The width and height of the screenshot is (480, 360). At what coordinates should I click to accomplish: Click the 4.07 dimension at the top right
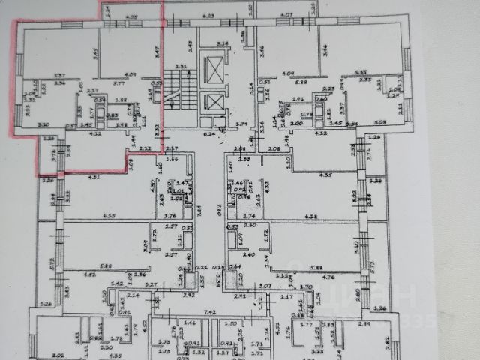(x=286, y=15)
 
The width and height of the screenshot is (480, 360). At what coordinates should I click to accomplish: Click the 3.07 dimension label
(x=264, y=286)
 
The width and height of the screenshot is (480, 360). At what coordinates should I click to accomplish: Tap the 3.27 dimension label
(x=151, y=284)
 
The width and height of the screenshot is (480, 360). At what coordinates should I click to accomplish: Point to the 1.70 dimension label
(x=304, y=286)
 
